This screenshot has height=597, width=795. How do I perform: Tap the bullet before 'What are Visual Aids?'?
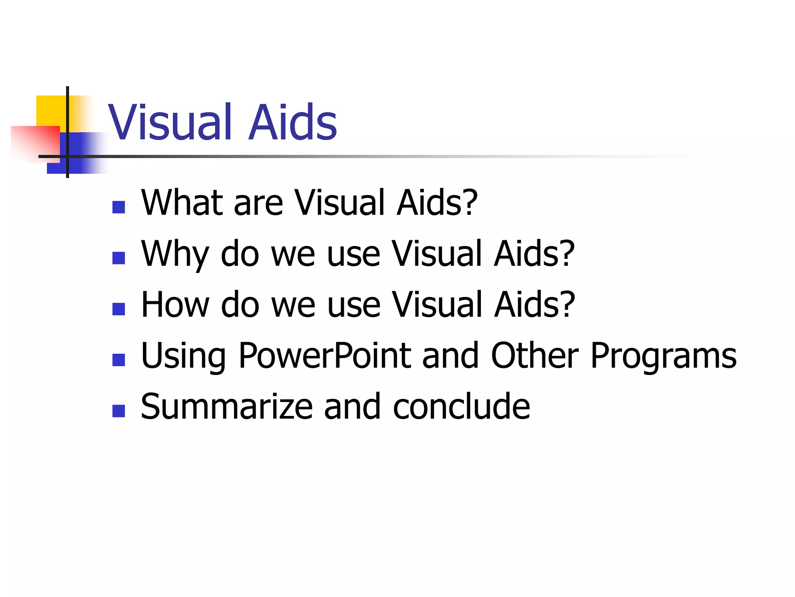pyautogui.click(x=118, y=207)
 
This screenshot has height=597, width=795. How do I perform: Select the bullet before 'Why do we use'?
pyautogui.click(x=118, y=258)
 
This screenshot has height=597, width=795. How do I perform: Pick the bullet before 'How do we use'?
pyautogui.click(x=118, y=309)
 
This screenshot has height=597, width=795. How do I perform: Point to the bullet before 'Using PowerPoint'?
pyautogui.click(x=118, y=360)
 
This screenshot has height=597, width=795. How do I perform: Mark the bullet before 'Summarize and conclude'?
pyautogui.click(x=118, y=411)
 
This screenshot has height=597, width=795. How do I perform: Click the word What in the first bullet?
pyautogui.click(x=182, y=202)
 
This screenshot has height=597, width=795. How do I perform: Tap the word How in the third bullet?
pyautogui.click(x=175, y=305)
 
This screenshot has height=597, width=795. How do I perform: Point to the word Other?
pyautogui.click(x=535, y=356)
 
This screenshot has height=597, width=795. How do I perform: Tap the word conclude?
pyautogui.click(x=461, y=407)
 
